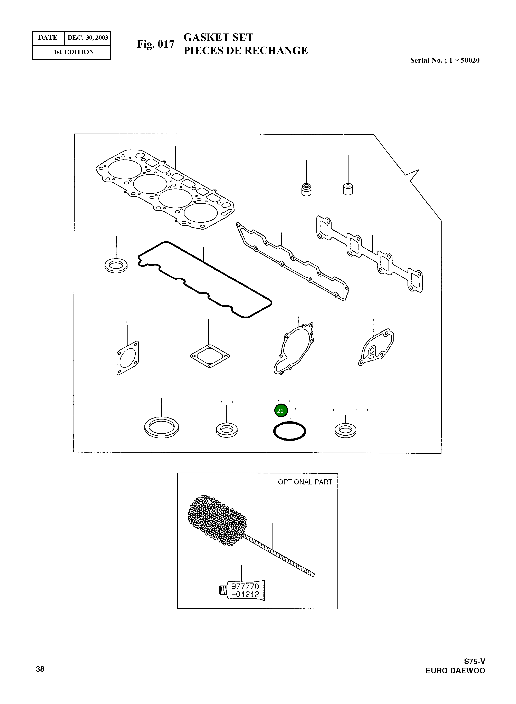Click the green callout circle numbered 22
[280, 411]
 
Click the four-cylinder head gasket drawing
[165, 189]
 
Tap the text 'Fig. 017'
[155, 44]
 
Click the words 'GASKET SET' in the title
[218, 37]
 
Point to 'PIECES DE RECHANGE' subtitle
[246, 51]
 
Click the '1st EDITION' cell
[74, 52]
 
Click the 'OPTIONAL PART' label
[305, 482]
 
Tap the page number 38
[40, 669]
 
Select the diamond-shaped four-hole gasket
[210, 356]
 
